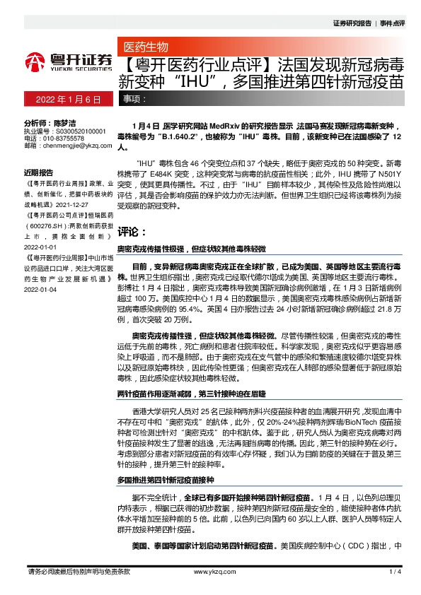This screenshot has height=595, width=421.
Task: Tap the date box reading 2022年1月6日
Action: pos(64,99)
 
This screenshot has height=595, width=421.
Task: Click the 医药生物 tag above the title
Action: pos(146,47)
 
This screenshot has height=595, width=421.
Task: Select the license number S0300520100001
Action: pos(79,131)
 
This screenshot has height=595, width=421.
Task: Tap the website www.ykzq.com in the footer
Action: pos(210,571)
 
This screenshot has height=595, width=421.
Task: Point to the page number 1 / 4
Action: pos(395,571)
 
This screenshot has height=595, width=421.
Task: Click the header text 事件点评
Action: pos(392,23)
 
